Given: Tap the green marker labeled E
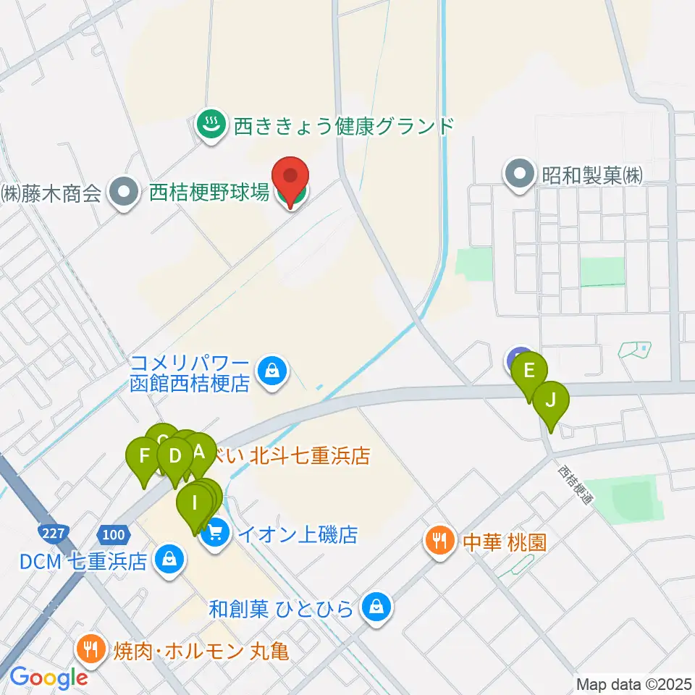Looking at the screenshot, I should coord(529,371).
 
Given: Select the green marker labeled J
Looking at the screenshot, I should coord(551,400).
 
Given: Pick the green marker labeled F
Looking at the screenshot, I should coord(144,456).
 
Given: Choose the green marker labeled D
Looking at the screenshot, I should coord(174,456).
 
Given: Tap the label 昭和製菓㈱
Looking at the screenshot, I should coord(592,174).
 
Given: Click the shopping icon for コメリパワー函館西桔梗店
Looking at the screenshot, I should coord(271,372).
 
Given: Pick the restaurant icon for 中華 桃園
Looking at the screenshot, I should coord(439,542).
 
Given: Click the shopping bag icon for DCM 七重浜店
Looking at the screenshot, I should coord(169,560).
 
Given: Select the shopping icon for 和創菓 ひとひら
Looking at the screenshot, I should coord(376,607).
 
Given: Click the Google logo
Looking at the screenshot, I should coord(49,678).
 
